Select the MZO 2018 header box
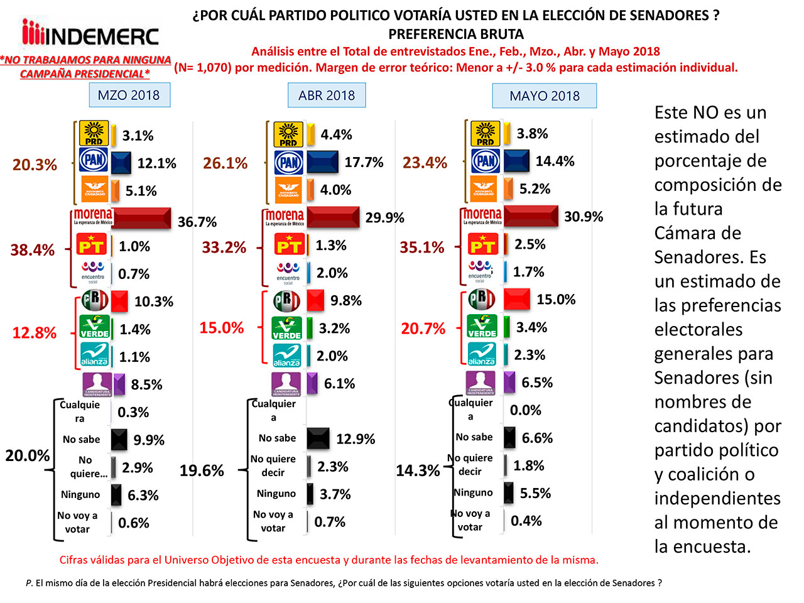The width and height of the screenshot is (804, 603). coord(129,95)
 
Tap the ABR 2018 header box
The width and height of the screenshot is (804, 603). coord(326,95)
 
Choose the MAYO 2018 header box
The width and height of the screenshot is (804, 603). coord(544,96)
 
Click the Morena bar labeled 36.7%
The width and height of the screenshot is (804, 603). coord(142,219)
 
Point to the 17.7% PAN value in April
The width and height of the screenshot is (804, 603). coord(364,162)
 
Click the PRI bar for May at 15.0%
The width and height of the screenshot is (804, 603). coord(517,300)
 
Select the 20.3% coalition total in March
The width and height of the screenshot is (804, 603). coord(35,165)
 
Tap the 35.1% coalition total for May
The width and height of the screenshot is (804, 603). coord(421,247)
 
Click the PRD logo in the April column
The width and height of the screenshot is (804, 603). coord(288,134)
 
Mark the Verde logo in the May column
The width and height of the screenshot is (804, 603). coord(482,327)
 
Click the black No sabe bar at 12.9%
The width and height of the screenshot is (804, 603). coord(318,438)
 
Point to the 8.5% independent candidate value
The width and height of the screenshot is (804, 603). coord(146,384)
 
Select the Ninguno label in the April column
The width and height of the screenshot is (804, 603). coord(276,494)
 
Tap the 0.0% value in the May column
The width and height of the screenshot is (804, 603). coord(525,410)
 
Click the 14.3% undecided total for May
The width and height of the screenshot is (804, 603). coord(418,470)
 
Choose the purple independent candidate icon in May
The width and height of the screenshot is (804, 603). coord(481,383)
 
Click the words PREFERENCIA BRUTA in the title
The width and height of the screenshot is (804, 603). coord(455,34)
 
